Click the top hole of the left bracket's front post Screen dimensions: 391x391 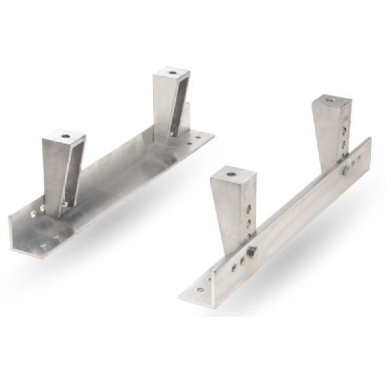click(x=65, y=136)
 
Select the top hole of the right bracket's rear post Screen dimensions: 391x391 click(x=331, y=100)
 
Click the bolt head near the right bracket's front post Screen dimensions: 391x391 click(x=252, y=252)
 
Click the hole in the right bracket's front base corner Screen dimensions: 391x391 click(x=200, y=289)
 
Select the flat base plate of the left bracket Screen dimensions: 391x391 click(x=124, y=189)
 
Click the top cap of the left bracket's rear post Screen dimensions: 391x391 click(x=173, y=72)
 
